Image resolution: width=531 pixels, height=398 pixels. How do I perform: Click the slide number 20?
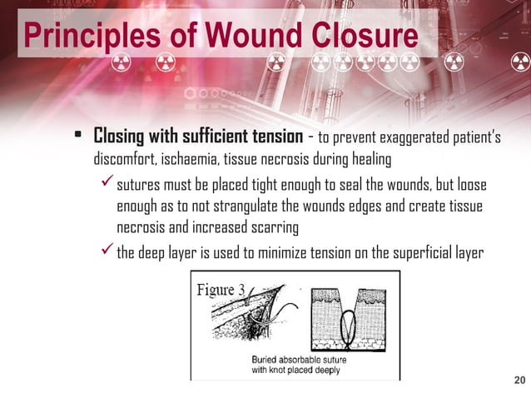pos(519,381)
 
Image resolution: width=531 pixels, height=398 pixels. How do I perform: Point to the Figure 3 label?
pos(221,290)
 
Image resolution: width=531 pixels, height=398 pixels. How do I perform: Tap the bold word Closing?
pos(122,136)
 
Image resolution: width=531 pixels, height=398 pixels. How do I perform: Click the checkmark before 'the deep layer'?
pos(105,250)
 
